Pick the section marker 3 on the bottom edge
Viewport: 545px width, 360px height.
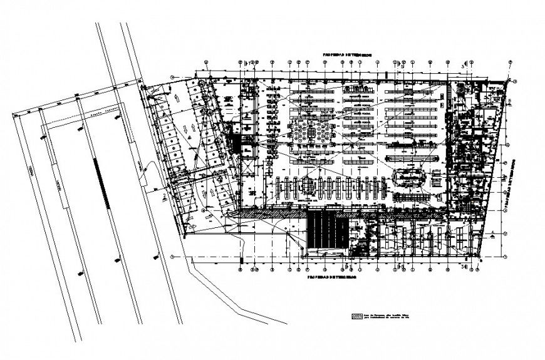(x=462, y=267)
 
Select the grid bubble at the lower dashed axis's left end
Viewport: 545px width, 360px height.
(x=172, y=257)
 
